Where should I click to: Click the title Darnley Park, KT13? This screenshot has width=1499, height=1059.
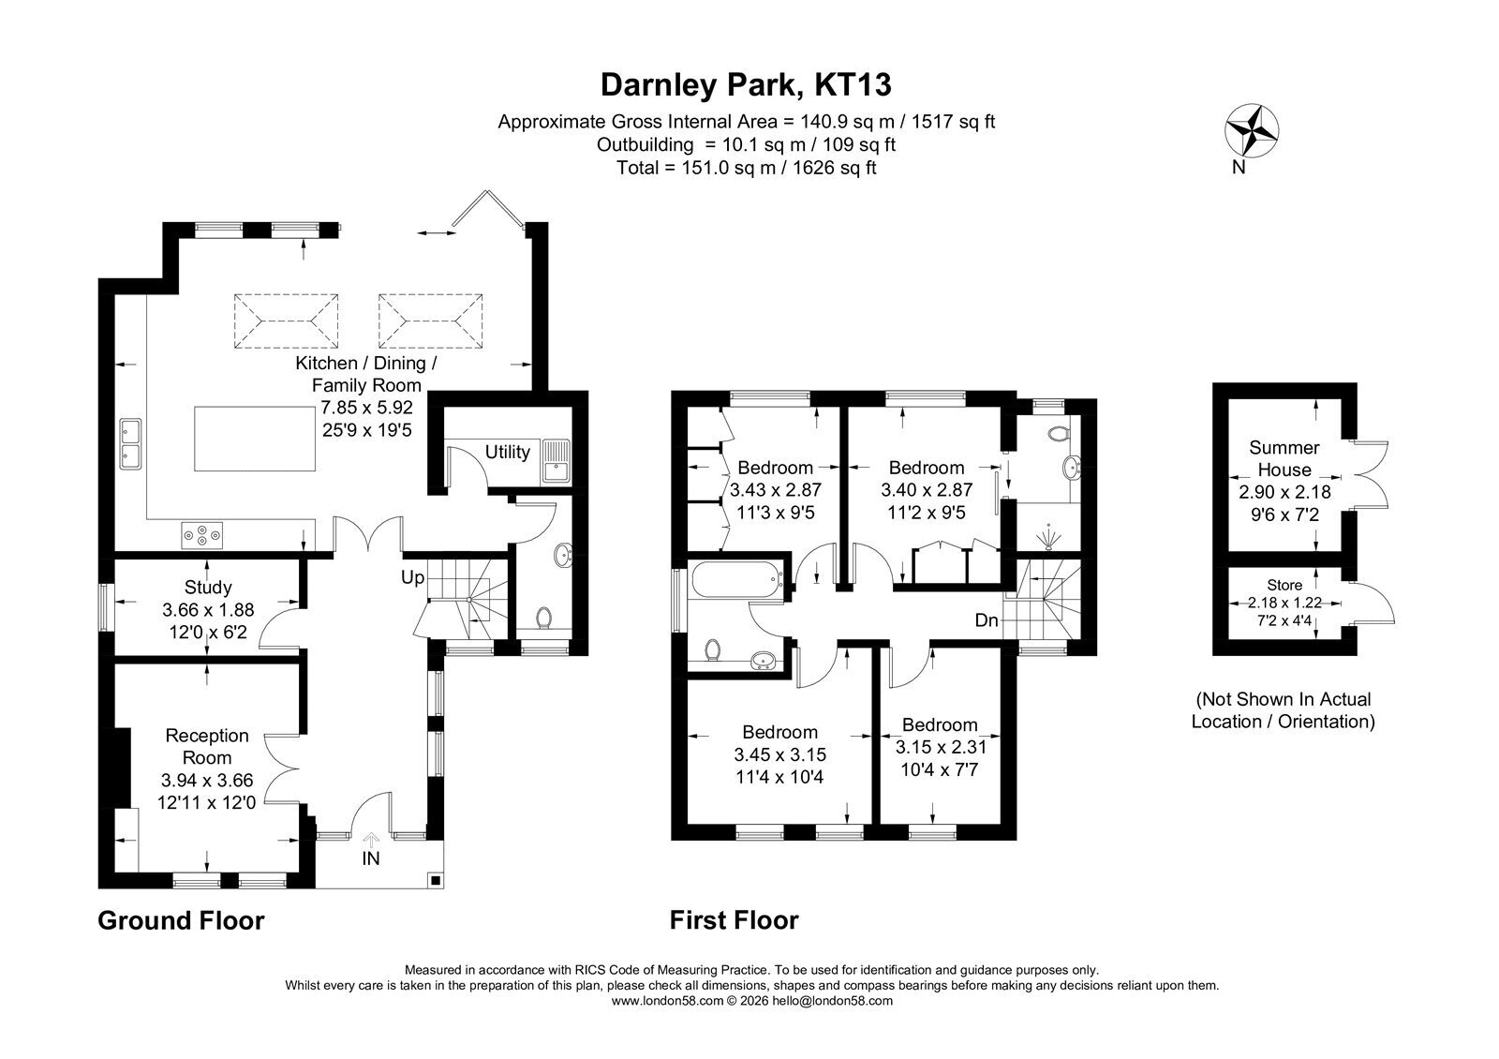pos(746,85)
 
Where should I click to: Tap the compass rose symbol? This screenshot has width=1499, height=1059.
pos(1252,131)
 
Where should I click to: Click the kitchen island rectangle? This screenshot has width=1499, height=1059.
pos(254,439)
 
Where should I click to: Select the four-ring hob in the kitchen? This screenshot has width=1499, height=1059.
pos(202,535)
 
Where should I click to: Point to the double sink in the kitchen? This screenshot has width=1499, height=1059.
pos(130,444)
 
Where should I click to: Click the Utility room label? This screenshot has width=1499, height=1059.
pos(507,452)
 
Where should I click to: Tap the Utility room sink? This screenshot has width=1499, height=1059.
pos(556,461)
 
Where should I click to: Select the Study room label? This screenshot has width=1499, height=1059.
pos(208,587)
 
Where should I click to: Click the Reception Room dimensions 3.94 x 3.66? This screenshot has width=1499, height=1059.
pos(207,781)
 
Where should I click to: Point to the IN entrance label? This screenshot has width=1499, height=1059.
pos(371,858)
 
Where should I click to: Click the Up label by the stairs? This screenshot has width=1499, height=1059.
pos(413,577)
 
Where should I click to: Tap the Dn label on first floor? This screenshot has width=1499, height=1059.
pos(987,620)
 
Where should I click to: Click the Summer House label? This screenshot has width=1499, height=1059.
pos(1284,458)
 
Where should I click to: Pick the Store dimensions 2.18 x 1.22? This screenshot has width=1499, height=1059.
pos(1284,603)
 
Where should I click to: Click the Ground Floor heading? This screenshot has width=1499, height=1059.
pos(182,920)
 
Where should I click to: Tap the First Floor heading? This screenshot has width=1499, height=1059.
pos(735,920)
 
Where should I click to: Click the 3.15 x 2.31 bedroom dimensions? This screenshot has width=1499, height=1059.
pos(940,747)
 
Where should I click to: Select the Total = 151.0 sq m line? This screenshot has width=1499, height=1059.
pos(746,168)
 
